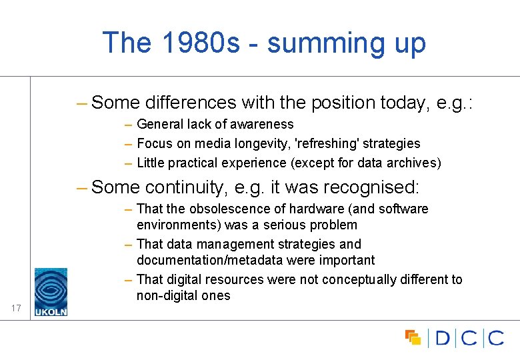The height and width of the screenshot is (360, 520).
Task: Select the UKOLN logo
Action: coord(51,291)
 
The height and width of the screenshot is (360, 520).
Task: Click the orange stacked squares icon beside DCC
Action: coord(413,337)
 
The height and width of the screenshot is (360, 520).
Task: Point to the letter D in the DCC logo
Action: coord(443,338)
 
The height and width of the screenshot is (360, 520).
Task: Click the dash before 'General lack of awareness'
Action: coord(128,124)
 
